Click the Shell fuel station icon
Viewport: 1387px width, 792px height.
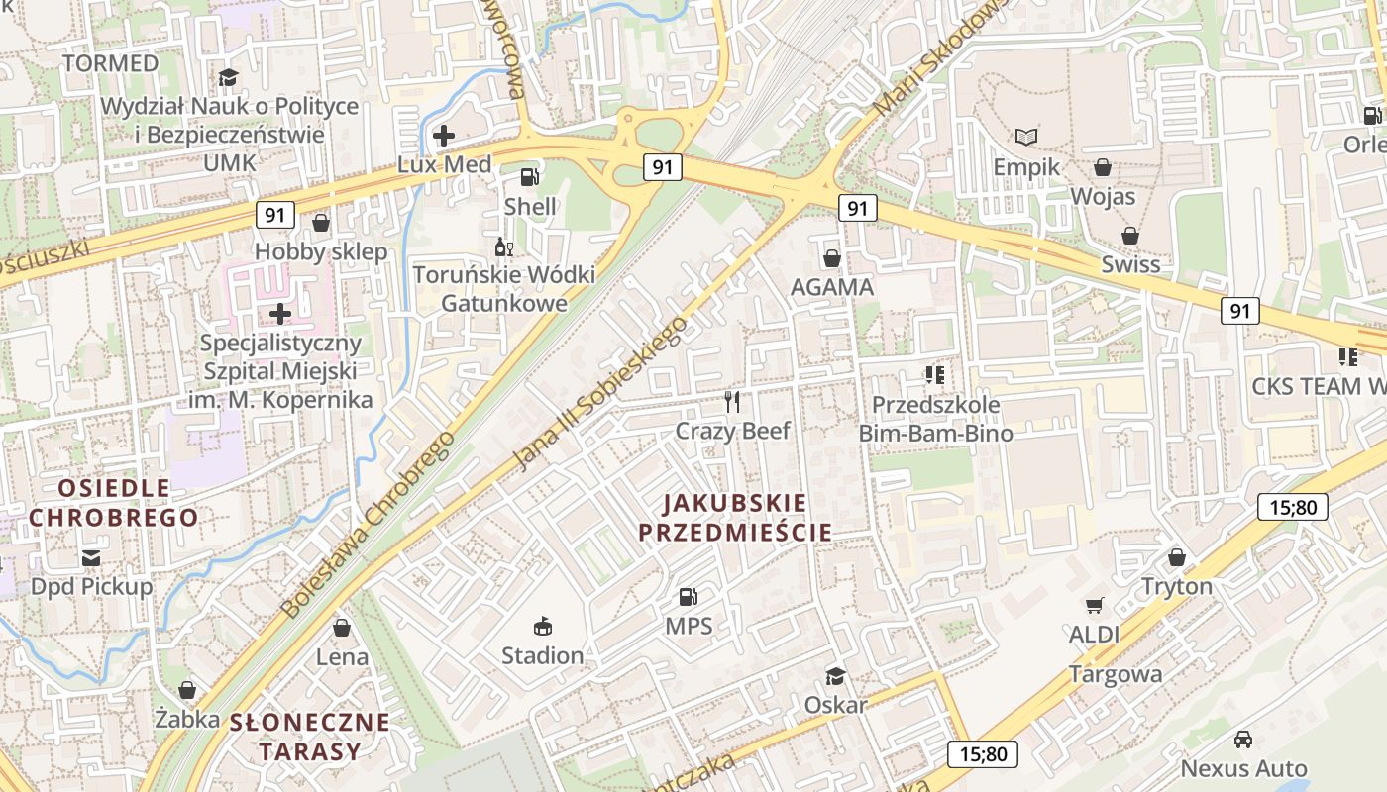coord(530,177)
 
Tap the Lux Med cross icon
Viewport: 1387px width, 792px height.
coord(444,136)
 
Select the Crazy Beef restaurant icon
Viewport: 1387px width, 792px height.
coord(732,401)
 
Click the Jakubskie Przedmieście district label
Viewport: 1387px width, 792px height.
coord(735,518)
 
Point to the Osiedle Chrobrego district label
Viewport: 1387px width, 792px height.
coord(113,502)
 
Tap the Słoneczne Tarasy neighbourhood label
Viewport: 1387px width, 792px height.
coord(310,736)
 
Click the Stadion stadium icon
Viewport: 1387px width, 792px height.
coord(542,626)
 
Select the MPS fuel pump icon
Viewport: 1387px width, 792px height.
coord(688,596)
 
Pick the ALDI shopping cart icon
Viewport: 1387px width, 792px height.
coord(1094,605)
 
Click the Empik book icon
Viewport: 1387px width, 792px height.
coord(1026,137)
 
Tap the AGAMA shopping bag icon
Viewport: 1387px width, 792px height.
coord(831,258)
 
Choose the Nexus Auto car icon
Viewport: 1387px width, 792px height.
coord(1242,740)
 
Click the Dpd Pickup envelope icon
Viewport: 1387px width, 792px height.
coord(91,558)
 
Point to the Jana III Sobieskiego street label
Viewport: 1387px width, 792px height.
coord(600,393)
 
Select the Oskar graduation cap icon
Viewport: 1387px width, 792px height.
coord(835,676)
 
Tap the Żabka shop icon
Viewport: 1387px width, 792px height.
coord(187,690)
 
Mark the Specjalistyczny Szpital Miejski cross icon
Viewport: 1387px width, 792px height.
coord(280,314)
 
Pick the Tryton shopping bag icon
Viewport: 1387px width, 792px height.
coord(1176,557)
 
